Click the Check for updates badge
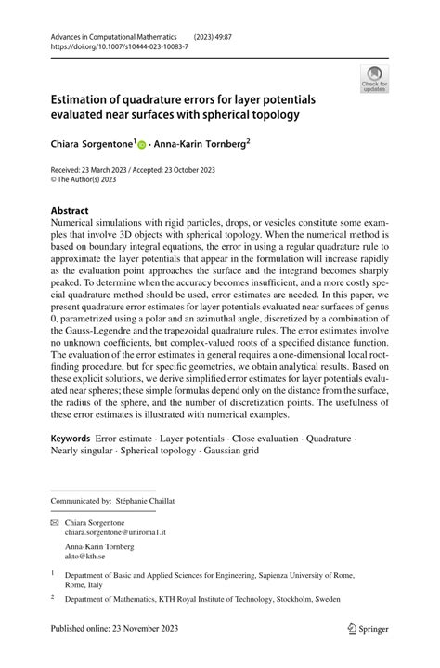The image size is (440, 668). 376,78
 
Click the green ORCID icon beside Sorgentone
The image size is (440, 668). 143,145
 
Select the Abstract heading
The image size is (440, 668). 71,211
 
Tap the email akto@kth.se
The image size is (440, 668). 87,558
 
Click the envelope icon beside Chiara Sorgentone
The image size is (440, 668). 55,524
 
